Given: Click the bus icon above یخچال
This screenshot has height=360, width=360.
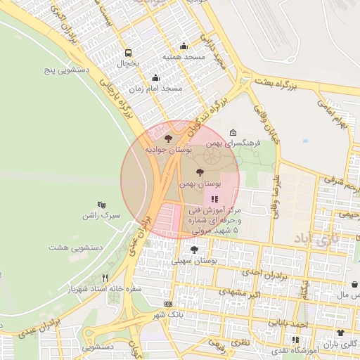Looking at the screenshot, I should (x=128, y=53).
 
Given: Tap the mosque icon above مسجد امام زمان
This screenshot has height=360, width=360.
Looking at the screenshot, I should (x=155, y=78).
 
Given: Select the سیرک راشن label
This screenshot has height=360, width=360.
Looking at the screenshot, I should (x=101, y=215).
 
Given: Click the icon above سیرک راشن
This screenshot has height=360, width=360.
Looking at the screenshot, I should (x=102, y=205).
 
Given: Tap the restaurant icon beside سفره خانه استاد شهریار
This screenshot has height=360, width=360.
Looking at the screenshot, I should (x=105, y=278).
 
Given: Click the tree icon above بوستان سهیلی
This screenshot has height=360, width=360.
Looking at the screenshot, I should (x=194, y=249).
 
